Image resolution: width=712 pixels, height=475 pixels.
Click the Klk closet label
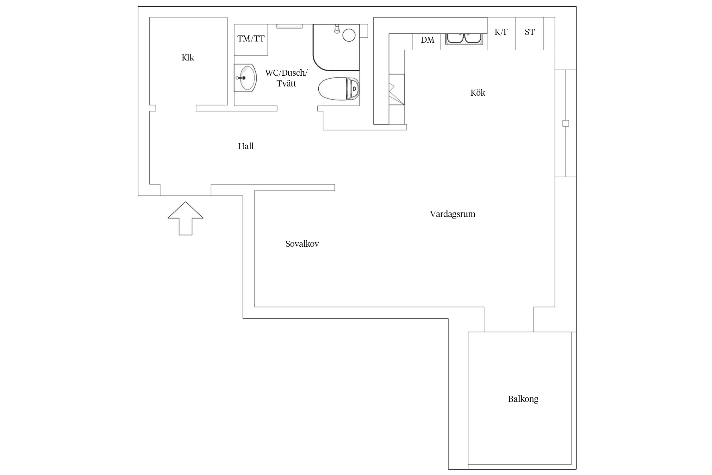tap(188, 58)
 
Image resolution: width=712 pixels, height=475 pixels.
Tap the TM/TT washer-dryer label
tap(251, 39)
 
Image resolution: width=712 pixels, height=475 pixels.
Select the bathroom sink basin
tap(245, 78)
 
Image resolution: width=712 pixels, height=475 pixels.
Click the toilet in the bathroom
tap(339, 89)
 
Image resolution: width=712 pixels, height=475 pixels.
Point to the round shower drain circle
tap(349, 35)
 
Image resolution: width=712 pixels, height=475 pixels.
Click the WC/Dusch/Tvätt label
tap(286, 78)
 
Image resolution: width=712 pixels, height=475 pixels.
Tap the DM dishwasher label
tap(428, 40)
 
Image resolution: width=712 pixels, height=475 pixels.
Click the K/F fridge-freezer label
tap(501, 32)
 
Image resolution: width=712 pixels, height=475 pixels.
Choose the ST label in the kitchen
tap(530, 32)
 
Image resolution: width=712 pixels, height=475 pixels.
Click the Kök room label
tap(478, 93)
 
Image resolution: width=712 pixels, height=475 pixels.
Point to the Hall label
tap(246, 146)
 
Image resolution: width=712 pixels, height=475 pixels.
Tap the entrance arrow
tap(185, 218)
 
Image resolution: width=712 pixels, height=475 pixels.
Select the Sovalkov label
tap(302, 244)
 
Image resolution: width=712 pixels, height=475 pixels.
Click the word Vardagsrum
tap(453, 214)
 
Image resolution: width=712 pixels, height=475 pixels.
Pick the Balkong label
tap(523, 399)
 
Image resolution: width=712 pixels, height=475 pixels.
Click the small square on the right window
tap(565, 123)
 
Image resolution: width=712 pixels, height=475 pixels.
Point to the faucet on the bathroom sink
tap(240, 78)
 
